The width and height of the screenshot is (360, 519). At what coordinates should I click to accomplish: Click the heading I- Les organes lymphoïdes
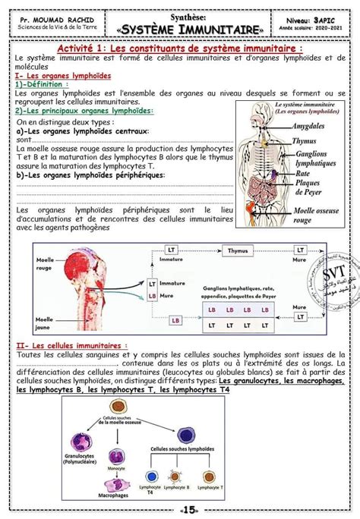[63, 77]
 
